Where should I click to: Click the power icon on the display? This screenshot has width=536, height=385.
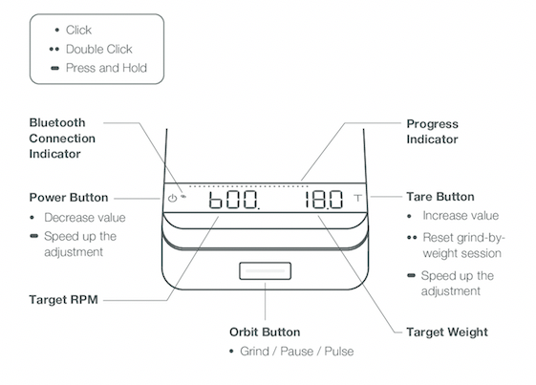point(172,198)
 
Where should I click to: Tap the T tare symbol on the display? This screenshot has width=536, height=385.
point(357,198)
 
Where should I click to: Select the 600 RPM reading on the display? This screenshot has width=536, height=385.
point(234,200)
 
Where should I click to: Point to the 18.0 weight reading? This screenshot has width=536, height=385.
point(324,200)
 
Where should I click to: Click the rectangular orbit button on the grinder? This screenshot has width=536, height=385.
point(265,270)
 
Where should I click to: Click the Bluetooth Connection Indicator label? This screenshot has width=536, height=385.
point(62,139)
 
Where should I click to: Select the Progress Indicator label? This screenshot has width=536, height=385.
point(432,132)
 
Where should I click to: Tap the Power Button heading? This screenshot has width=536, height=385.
point(69,198)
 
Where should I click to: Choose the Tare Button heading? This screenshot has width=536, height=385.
point(440,197)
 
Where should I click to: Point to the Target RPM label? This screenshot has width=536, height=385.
point(64,300)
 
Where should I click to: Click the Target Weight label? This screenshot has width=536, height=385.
point(447,332)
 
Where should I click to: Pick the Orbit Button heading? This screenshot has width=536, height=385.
point(265,332)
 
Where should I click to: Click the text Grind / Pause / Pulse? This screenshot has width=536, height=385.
point(297,352)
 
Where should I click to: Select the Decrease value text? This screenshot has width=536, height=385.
point(85,218)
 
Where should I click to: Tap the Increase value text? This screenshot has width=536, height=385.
point(461,216)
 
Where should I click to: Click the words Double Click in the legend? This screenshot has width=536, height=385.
point(98,50)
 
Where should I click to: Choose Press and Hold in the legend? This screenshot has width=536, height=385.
point(106,68)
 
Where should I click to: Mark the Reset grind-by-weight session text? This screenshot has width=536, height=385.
point(463,246)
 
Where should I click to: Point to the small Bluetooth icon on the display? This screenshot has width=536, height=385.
point(183,196)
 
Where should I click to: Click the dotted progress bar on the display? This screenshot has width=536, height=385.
point(248,186)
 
